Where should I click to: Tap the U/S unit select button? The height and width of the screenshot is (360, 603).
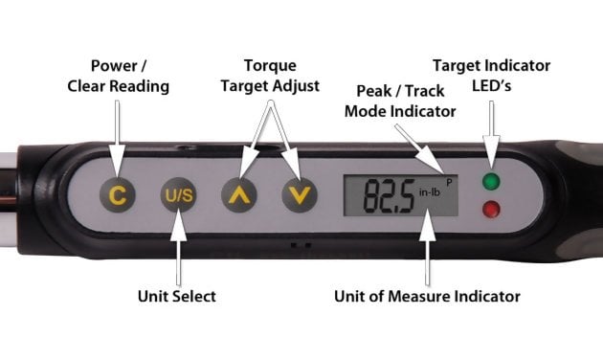(178, 195)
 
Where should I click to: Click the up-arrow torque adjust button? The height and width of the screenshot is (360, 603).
(239, 195)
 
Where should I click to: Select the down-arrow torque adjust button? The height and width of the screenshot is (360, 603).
(300, 195)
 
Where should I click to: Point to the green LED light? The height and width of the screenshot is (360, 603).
(491, 181)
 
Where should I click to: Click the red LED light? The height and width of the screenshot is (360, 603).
(491, 210)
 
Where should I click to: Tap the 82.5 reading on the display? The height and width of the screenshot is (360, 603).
(390, 196)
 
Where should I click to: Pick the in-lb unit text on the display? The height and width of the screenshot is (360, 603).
(430, 191)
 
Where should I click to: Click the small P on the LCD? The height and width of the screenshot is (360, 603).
(449, 183)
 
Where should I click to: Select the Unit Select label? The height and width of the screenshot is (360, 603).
(177, 296)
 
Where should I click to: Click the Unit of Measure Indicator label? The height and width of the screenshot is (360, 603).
(427, 296)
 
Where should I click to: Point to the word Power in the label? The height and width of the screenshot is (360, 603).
(114, 66)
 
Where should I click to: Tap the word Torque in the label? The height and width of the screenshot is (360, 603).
(270, 65)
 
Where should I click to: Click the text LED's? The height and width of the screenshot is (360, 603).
(491, 86)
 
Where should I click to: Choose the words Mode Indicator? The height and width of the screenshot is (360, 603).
(400, 111)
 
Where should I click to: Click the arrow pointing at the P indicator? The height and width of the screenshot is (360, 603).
(419, 148)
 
